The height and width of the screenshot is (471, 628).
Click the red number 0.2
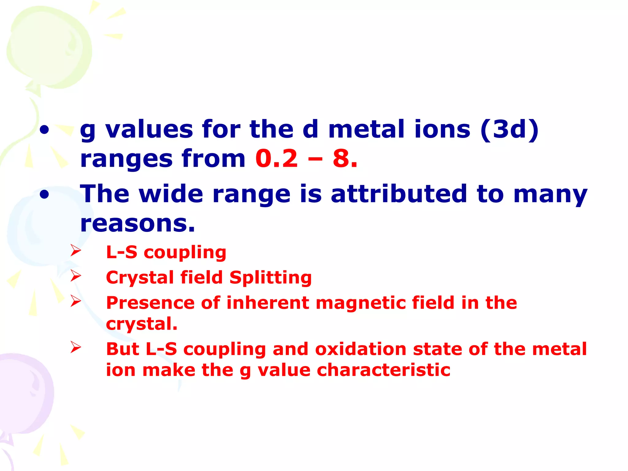(276, 159)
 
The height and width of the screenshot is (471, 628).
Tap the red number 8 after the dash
(341, 159)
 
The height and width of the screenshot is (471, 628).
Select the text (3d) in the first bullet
(509, 130)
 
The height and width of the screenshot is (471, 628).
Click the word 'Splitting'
(270, 278)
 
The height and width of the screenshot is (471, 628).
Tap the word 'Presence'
(150, 303)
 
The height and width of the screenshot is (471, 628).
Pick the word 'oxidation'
(361, 349)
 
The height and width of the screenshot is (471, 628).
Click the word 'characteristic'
(383, 370)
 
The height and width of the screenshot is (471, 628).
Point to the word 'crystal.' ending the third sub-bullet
(142, 324)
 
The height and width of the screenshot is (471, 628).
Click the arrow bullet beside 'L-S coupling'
(75, 251)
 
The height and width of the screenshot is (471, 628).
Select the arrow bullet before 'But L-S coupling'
(75, 347)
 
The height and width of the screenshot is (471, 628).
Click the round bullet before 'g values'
(44, 130)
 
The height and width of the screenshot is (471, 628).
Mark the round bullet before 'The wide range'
(44, 195)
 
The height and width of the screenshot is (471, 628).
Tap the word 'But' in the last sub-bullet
(123, 349)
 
